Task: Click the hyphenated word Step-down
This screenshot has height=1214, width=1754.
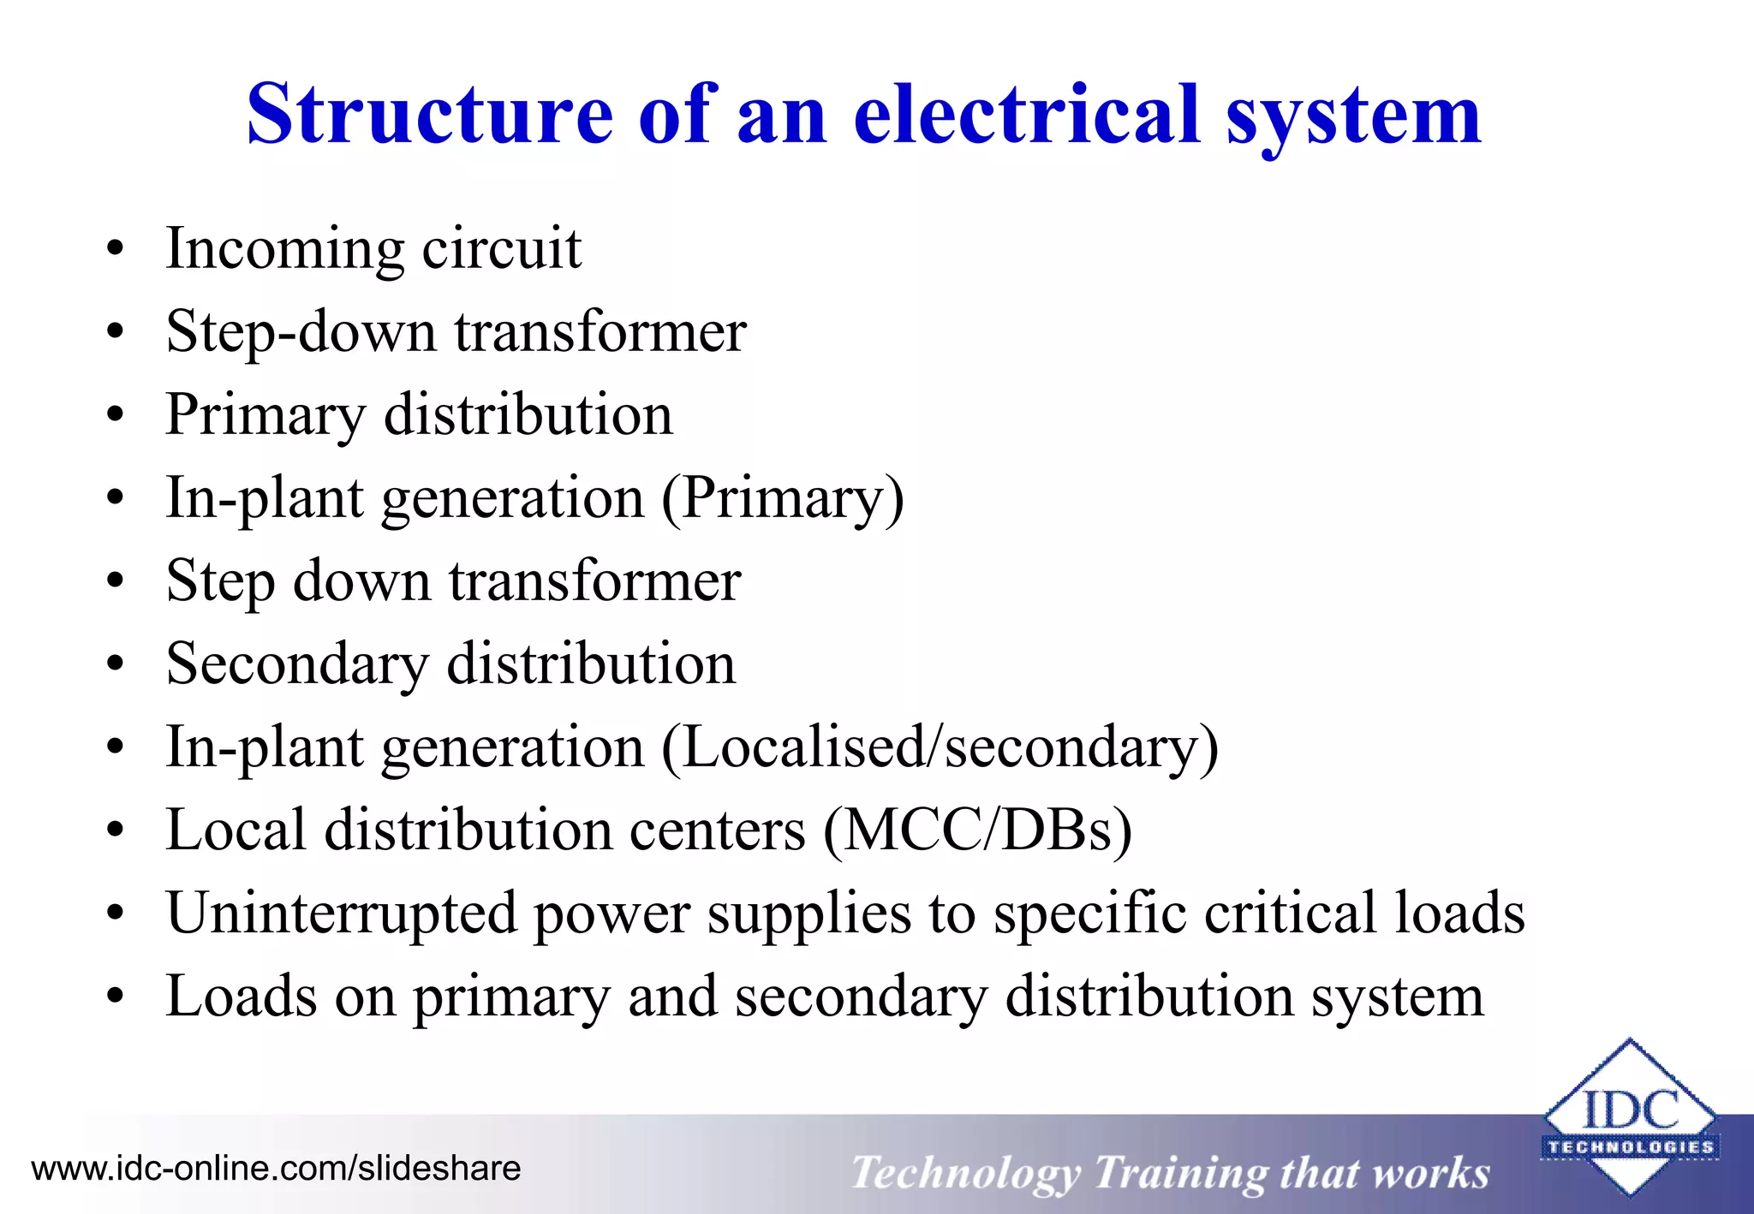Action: pos(301,332)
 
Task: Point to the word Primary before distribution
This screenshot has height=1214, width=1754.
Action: pos(265,415)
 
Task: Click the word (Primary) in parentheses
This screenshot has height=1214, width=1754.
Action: pos(782,497)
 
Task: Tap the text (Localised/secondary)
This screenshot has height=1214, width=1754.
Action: pos(940,747)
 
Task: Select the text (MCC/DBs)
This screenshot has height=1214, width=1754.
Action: pos(977,830)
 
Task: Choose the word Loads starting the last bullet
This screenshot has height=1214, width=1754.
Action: pos(241,996)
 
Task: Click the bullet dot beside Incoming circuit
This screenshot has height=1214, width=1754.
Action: pos(116,250)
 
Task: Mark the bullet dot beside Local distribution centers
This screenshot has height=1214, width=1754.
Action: pos(116,831)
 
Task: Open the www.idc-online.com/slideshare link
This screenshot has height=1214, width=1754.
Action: pos(276,1169)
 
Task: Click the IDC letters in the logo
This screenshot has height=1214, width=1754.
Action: pos(1630,1110)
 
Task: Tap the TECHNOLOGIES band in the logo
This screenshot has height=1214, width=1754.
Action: pos(1630,1147)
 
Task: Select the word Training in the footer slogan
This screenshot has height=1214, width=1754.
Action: pos(1179,1173)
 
